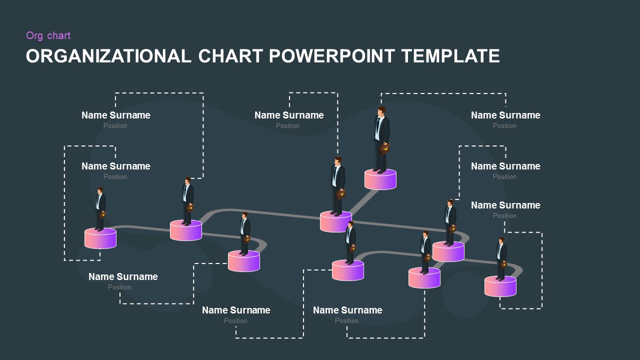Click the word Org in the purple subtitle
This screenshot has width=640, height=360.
point(34,35)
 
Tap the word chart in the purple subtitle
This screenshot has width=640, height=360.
point(58,35)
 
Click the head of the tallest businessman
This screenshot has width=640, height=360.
point(381,111)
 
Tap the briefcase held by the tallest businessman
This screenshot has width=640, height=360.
point(384,148)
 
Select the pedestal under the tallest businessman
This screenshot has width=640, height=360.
point(380,179)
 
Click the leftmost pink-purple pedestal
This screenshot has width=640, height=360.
point(100,238)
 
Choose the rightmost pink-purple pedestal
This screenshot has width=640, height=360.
point(500,286)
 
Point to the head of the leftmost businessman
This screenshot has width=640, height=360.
point(100,190)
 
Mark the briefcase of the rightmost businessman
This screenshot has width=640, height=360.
point(503,264)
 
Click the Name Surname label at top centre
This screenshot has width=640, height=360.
point(289,115)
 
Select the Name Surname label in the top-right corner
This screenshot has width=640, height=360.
point(505,115)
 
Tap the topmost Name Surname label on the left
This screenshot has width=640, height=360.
point(115,115)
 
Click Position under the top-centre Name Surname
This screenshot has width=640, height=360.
point(287,125)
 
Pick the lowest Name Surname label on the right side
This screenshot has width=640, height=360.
point(505,205)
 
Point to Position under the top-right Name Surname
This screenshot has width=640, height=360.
point(504,125)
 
